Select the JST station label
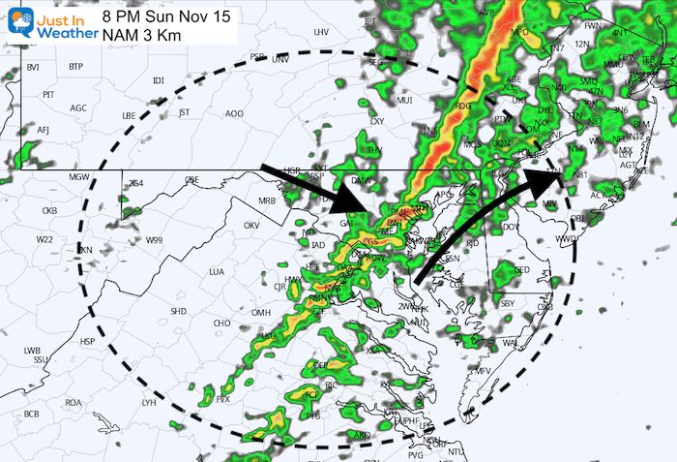pyautogui.click(x=184, y=111)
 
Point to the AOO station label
pyautogui.click(x=234, y=113)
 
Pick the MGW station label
pyautogui.click(x=78, y=176)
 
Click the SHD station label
pyautogui.click(x=178, y=311)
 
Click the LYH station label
pyautogui.click(x=148, y=402)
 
